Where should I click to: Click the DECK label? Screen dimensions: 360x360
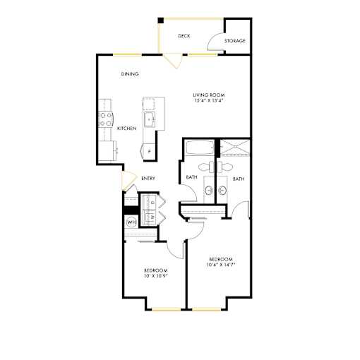[x=184, y=36]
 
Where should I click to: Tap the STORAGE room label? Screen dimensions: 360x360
[x=235, y=41]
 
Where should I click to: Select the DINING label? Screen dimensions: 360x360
[x=130, y=74]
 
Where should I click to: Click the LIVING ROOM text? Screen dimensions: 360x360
[x=209, y=95]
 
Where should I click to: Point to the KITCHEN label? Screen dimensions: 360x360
[x=127, y=128]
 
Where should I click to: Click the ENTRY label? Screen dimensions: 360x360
[x=148, y=179]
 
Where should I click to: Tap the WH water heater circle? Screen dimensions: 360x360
[x=131, y=222]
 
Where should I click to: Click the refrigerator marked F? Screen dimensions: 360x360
[x=149, y=152]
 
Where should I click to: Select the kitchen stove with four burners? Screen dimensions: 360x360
[x=106, y=119]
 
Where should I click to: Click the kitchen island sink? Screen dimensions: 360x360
[x=150, y=119]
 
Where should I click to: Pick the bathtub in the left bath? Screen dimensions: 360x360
[x=200, y=148]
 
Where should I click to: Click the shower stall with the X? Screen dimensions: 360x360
[x=235, y=148]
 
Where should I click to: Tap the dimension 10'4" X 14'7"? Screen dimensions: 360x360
[x=221, y=265]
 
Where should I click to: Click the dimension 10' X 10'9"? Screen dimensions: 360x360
[x=156, y=276]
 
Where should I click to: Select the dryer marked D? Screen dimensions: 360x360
[x=149, y=202]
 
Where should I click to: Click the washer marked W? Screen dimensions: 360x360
[x=149, y=217]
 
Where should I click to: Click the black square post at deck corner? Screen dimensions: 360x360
[x=161, y=20]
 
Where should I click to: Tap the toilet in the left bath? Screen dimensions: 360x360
[x=206, y=167]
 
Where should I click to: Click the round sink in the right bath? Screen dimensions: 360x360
[x=222, y=190]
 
